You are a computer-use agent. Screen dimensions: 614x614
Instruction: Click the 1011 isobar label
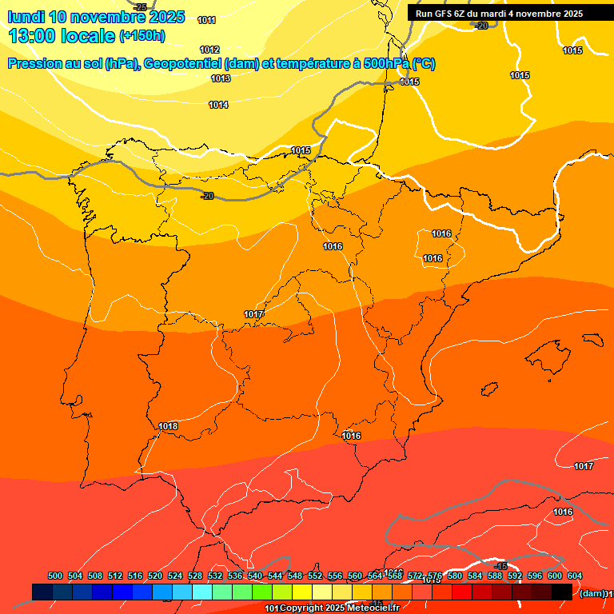pyautogui.click(x=206, y=20)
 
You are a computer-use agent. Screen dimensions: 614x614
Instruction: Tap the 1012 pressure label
pyautogui.click(x=209, y=50)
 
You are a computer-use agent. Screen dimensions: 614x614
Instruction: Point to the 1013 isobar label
pyautogui.click(x=221, y=78)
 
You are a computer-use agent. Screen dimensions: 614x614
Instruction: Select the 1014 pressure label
pyautogui.click(x=218, y=105)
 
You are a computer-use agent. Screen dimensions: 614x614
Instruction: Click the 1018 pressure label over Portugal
pyautogui.click(x=168, y=426)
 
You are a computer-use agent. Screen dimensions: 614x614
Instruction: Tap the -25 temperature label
pyautogui.click(x=141, y=7)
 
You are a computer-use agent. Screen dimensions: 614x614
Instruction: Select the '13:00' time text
pyautogui.click(x=33, y=36)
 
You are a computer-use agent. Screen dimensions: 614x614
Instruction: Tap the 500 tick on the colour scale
pyautogui.click(x=55, y=576)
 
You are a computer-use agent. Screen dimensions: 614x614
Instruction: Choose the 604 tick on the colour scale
pyautogui.click(x=575, y=576)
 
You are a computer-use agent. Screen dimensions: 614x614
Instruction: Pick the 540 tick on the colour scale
pyautogui.click(x=255, y=576)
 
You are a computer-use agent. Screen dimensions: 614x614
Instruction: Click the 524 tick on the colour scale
pyautogui.click(x=175, y=576)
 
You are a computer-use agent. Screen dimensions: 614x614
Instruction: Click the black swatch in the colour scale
pyautogui.click(x=562, y=592)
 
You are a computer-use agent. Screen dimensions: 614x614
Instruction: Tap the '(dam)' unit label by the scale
pyautogui.click(x=592, y=593)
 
